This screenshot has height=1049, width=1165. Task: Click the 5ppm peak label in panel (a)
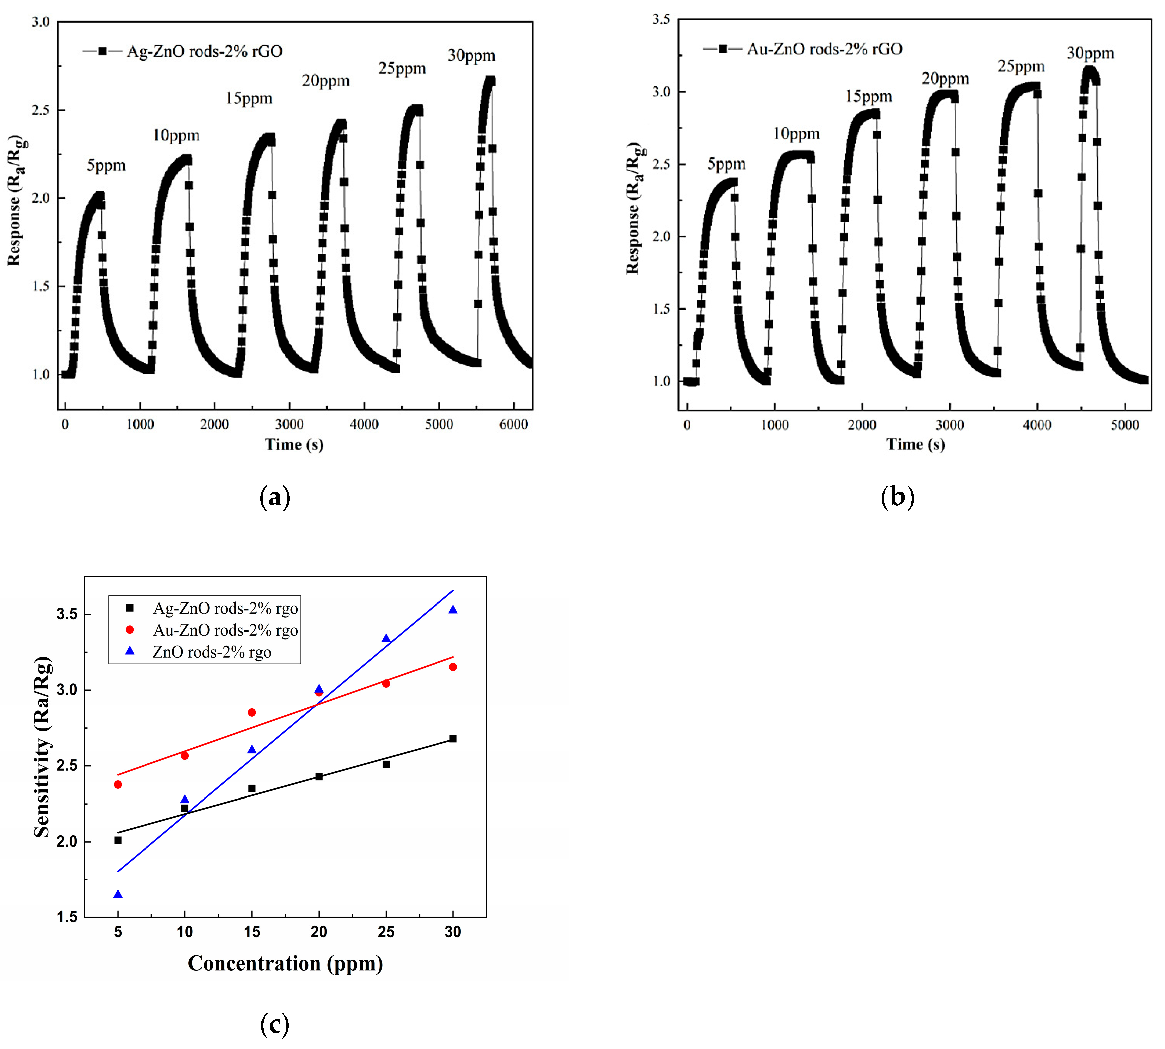coord(106,166)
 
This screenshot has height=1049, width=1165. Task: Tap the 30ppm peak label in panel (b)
coord(1090,54)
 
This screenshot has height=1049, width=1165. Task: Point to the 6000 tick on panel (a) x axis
coord(513,424)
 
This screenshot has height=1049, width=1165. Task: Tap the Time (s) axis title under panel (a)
coord(294,444)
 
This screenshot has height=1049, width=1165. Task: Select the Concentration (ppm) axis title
coord(285,963)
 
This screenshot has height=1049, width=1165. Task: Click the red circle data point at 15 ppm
coord(252,712)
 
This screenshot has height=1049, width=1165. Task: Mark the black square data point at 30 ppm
coord(453,738)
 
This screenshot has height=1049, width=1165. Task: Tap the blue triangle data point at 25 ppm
coord(386,639)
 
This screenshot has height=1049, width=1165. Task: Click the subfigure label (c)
coord(274,1024)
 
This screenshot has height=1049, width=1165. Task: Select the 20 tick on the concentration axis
coord(319,932)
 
